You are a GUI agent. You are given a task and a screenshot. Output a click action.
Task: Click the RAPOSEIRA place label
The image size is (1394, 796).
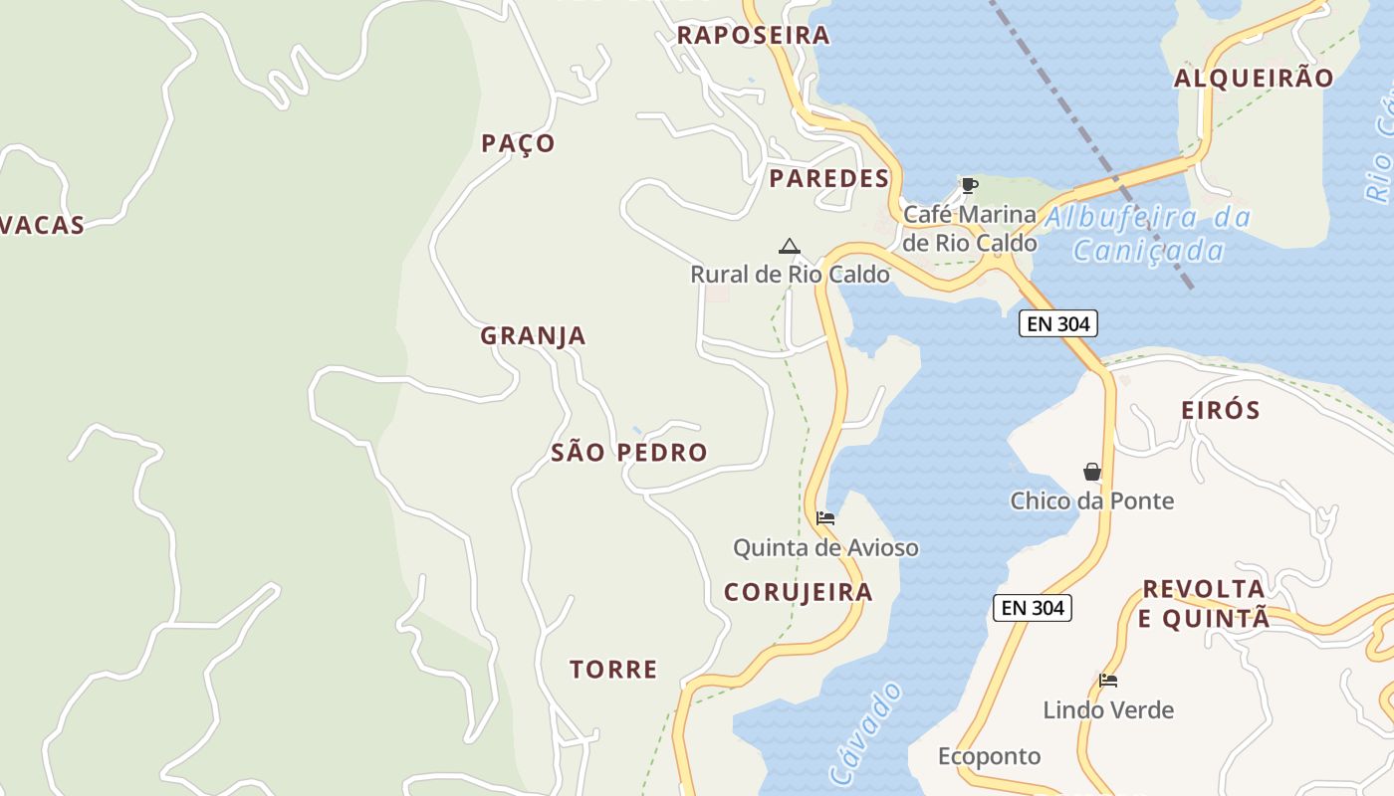coord(753,35)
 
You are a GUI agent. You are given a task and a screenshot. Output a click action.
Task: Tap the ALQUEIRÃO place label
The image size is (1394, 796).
coord(1254,79)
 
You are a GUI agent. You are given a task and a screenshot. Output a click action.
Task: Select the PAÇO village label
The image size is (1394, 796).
coord(518,143)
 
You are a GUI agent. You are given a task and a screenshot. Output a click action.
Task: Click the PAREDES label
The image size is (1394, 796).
coord(828,179)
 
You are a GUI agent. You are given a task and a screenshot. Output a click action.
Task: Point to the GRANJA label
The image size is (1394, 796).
coord(533,336)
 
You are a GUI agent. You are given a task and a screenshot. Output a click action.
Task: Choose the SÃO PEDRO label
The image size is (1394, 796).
coord(629,453)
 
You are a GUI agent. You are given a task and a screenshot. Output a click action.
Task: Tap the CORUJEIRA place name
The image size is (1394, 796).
coord(798,593)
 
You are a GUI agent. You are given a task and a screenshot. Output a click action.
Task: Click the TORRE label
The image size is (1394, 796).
coord(613,670)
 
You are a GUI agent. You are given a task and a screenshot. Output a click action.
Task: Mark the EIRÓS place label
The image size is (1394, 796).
coord(1220,410)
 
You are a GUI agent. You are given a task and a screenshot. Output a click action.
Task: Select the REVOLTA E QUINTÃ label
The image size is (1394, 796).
coord(1204,603)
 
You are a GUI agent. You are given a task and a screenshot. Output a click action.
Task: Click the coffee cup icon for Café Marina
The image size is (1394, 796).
coord(969,185)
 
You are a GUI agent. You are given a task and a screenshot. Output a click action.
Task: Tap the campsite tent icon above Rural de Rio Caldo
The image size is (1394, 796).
coord(790,246)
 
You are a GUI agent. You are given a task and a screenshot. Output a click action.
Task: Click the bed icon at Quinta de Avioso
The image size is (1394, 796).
coord(824,518)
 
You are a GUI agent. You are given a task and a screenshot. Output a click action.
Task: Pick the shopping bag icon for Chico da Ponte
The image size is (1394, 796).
coord(1092,472)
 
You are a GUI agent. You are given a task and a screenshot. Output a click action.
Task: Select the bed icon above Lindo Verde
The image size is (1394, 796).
coord(1108,681)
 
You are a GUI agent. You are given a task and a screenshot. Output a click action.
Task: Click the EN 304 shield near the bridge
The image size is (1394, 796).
coord(1057,323)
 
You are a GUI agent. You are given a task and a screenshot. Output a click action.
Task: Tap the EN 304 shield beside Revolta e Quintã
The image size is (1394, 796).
coord(1032,608)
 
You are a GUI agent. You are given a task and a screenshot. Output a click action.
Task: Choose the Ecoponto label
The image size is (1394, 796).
coord(989,757)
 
